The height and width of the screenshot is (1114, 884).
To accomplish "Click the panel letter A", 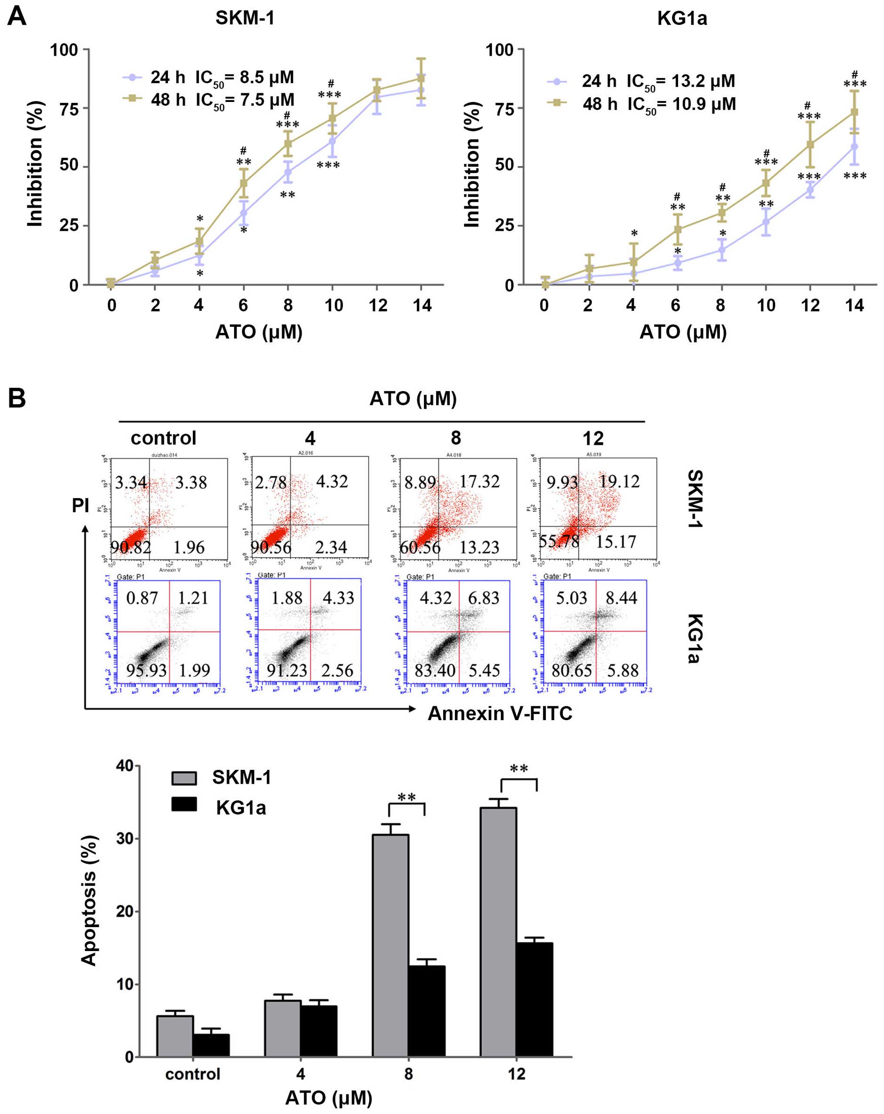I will [17, 17].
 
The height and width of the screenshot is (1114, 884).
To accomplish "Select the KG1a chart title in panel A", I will [682, 19].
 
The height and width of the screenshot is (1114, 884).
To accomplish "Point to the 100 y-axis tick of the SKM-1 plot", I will [64, 50].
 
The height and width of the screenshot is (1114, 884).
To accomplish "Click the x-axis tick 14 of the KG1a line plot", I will [854, 305].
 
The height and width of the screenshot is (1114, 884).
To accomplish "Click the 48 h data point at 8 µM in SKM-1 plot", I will [288, 143].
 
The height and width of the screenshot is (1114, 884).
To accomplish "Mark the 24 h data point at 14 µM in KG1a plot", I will [854, 147].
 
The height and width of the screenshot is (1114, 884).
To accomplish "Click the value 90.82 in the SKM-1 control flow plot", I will [131, 547].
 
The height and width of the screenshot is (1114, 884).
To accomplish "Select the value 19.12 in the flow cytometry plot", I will [618, 481].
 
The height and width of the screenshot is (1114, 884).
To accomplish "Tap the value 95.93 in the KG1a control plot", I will [146, 670].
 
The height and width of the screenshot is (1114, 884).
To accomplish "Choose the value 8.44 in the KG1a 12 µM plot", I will [621, 598].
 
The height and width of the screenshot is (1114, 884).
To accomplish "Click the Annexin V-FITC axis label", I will [499, 713].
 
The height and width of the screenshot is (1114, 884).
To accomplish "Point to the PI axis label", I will [81, 505].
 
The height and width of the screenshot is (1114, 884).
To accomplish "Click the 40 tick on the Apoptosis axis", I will [125, 766].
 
